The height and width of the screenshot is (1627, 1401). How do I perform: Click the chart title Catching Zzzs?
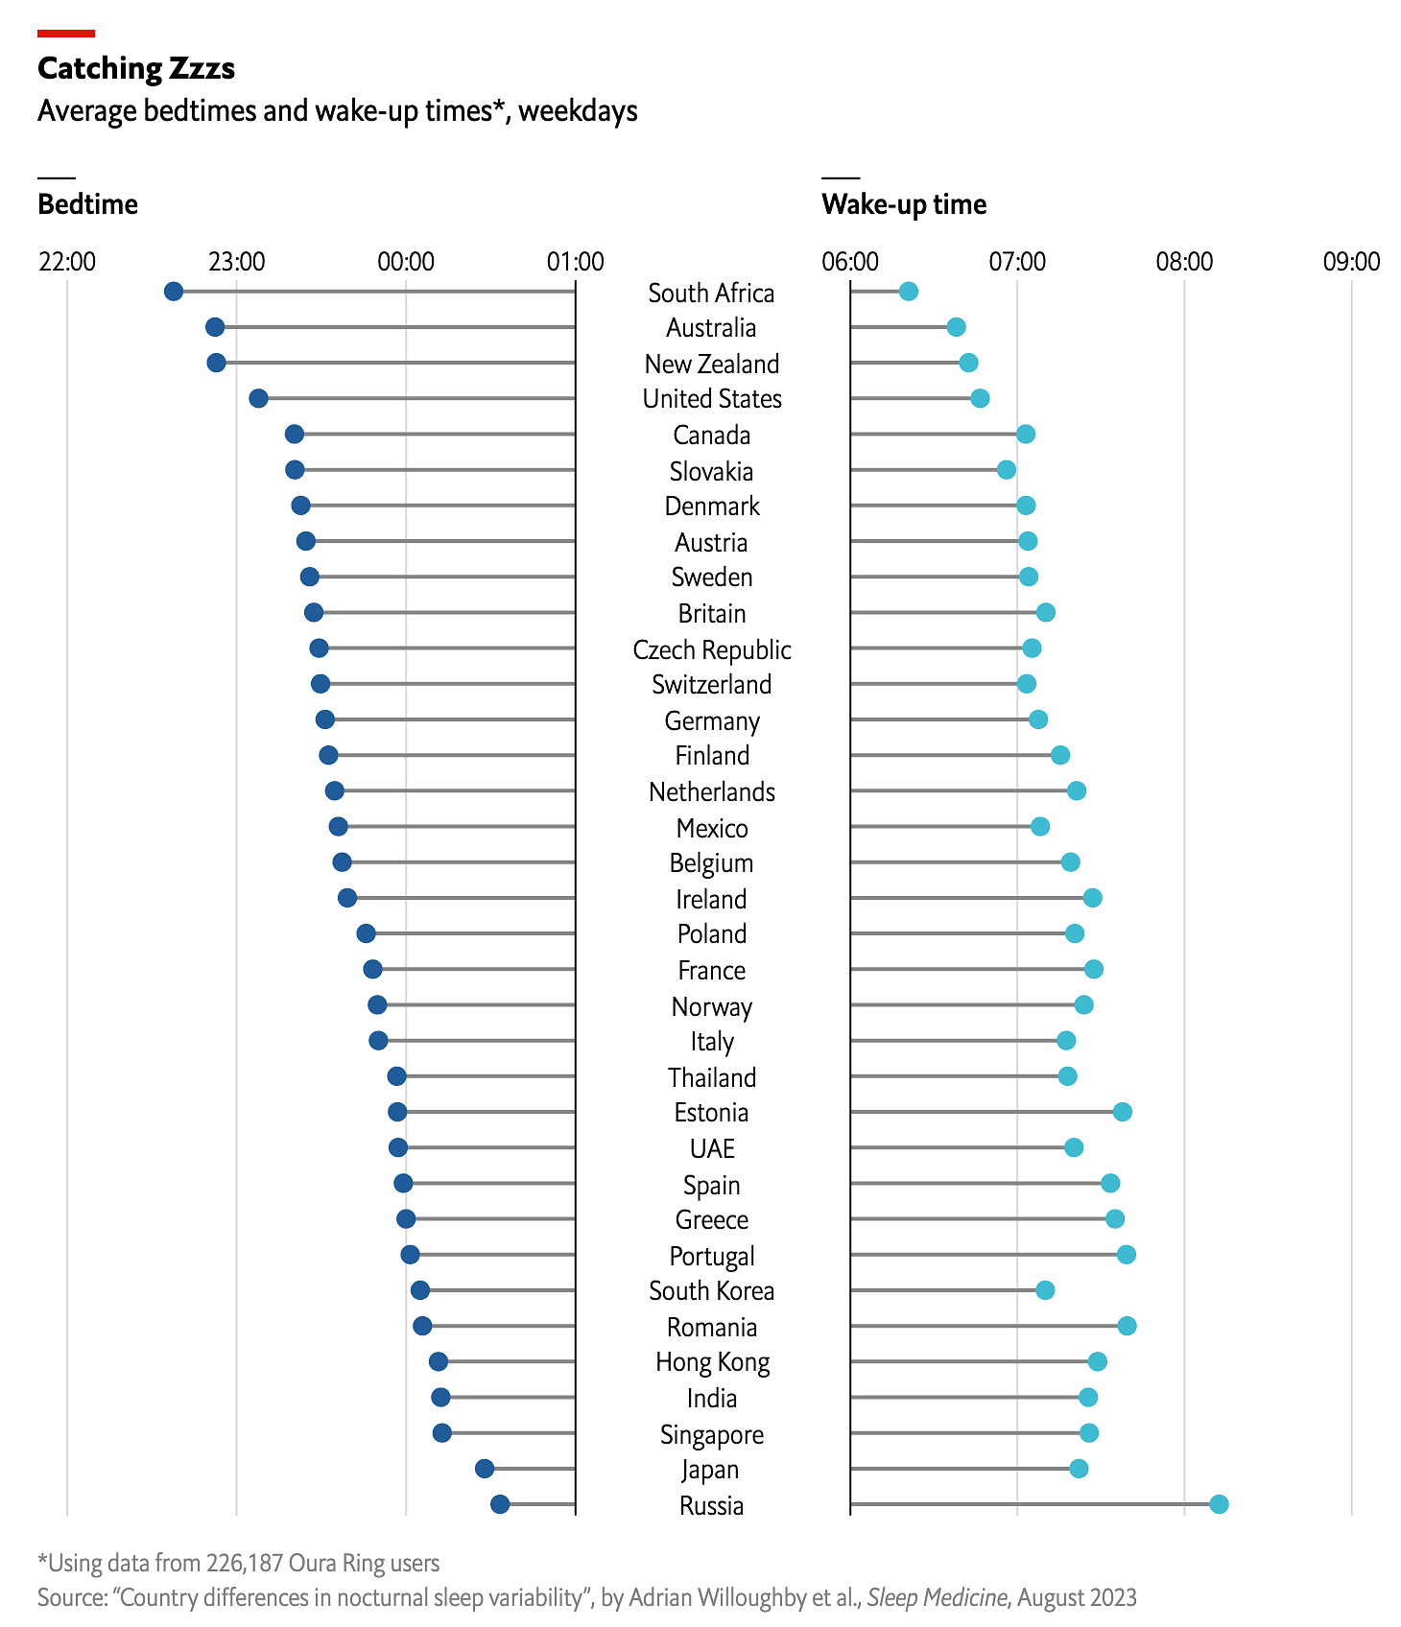coord(136,68)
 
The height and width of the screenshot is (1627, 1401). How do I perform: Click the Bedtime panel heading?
coord(87,204)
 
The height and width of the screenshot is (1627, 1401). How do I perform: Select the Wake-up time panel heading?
coord(904,204)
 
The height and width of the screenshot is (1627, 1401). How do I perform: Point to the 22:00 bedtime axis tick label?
coord(67,261)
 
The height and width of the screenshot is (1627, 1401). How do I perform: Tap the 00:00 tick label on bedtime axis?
coord(406,261)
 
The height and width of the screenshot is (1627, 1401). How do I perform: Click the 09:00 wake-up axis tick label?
coord(1351,261)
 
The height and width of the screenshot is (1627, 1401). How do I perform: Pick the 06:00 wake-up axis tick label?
coord(850,261)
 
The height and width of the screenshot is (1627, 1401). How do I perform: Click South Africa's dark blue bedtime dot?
coord(174,292)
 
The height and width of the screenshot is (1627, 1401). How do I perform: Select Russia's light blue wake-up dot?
coord(1219,1504)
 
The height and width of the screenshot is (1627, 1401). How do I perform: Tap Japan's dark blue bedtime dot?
coord(485,1469)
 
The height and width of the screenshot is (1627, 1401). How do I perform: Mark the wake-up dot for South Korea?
coord(1045,1290)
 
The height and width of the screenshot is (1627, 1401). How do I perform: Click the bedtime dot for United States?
coord(258,398)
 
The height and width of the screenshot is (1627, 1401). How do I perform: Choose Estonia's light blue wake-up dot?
coord(1122,1112)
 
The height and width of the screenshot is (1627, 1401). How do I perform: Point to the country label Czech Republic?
coord(712,649)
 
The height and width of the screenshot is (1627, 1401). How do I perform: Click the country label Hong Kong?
coord(712,1362)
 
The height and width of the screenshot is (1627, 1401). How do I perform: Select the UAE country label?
coord(712,1148)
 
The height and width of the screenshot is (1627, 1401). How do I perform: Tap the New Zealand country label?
coord(712,364)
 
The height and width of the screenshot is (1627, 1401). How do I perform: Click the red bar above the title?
coord(66,34)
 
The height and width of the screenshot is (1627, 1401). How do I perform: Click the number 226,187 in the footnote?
coord(245,1563)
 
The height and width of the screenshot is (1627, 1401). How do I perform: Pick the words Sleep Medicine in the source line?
coord(937,1597)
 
